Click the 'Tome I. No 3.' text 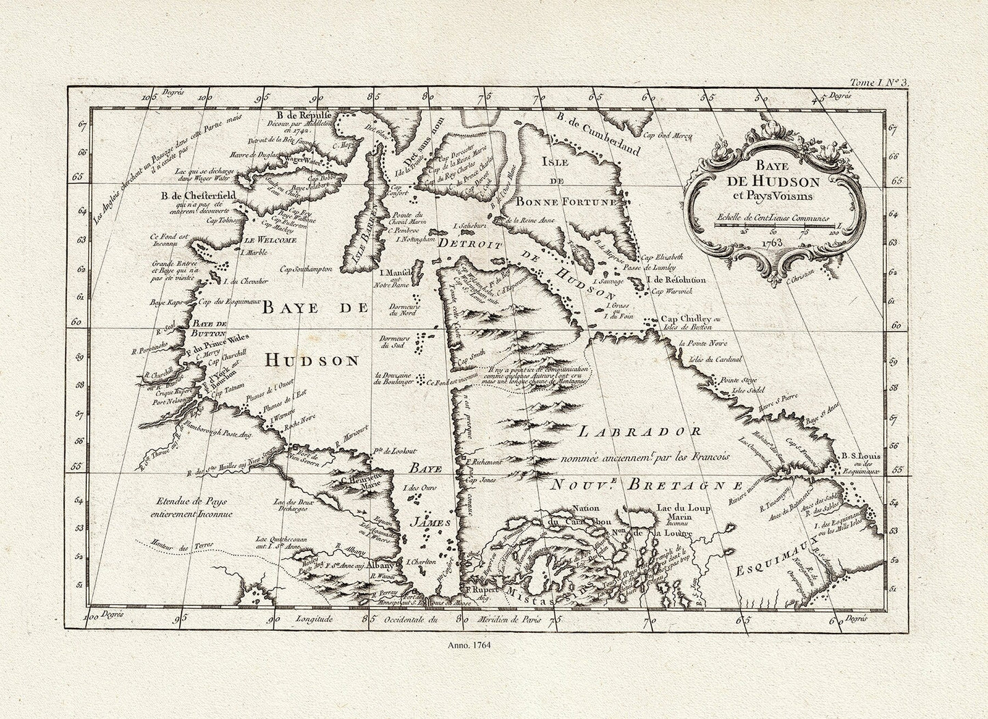tap(877, 83)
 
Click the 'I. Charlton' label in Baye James tap(421, 562)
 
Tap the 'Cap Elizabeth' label tap(657, 258)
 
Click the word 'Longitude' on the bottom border tap(314, 618)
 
